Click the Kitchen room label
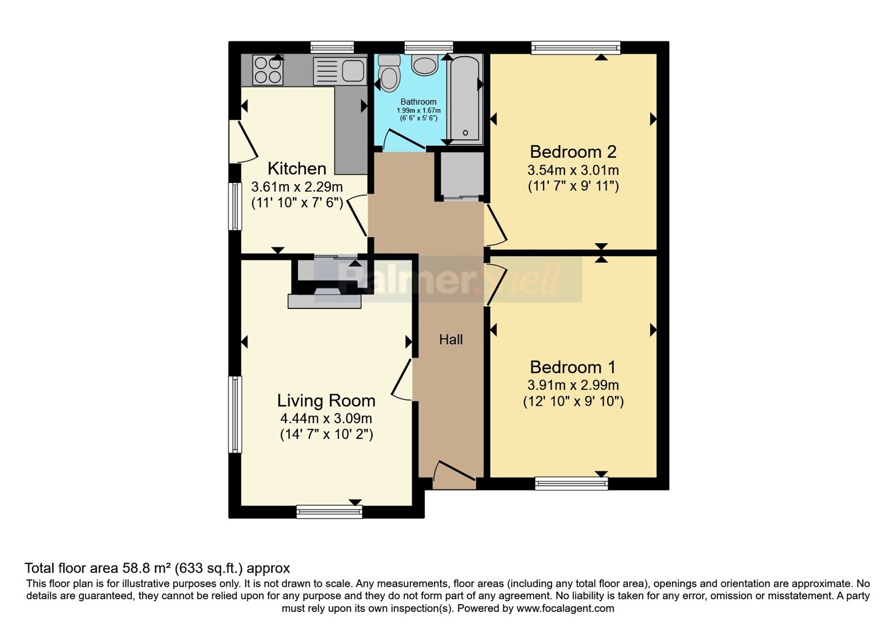[x=297, y=169]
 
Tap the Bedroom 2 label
[x=573, y=152]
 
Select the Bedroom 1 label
[x=573, y=367]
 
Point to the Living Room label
[x=326, y=401]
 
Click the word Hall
[x=451, y=340]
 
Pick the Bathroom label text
[x=418, y=102]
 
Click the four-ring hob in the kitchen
[x=268, y=70]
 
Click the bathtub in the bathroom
[x=465, y=99]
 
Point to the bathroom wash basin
[x=425, y=65]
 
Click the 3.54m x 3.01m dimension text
[x=573, y=170]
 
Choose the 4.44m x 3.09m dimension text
[x=326, y=419]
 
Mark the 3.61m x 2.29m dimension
[x=297, y=187]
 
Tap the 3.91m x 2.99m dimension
[x=573, y=385]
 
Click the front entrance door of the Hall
[x=454, y=475]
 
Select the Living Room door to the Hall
[x=402, y=380]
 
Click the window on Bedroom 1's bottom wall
[x=572, y=484]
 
